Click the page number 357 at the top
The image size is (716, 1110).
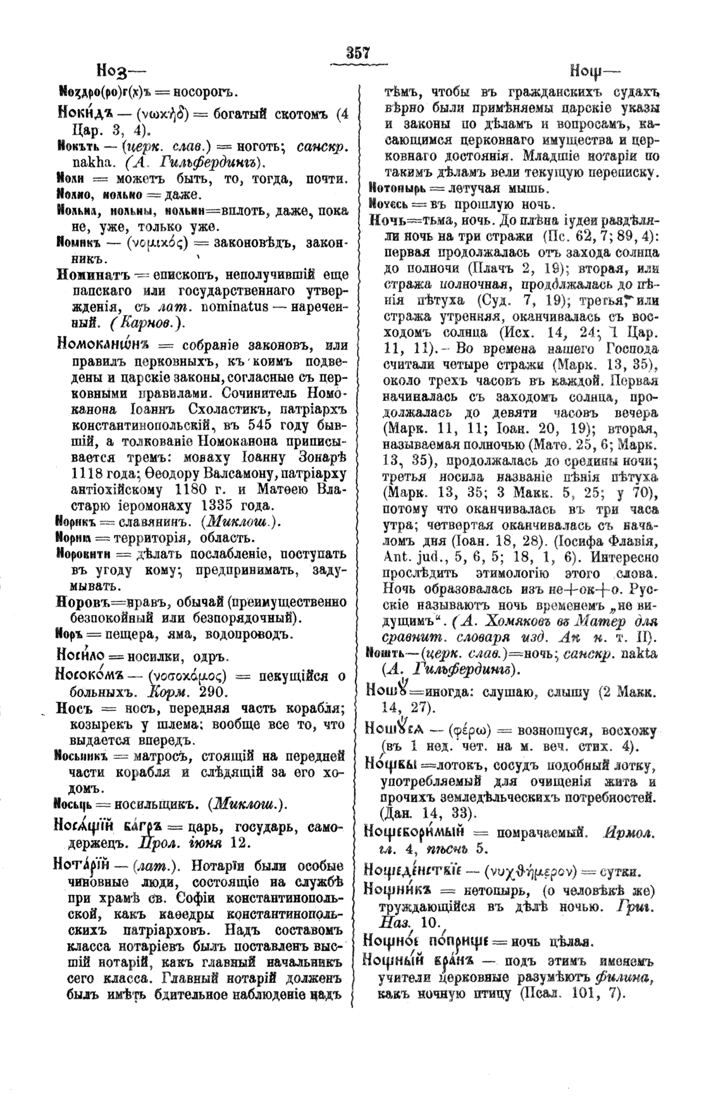(x=357, y=53)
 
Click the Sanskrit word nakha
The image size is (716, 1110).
(x=79, y=161)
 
